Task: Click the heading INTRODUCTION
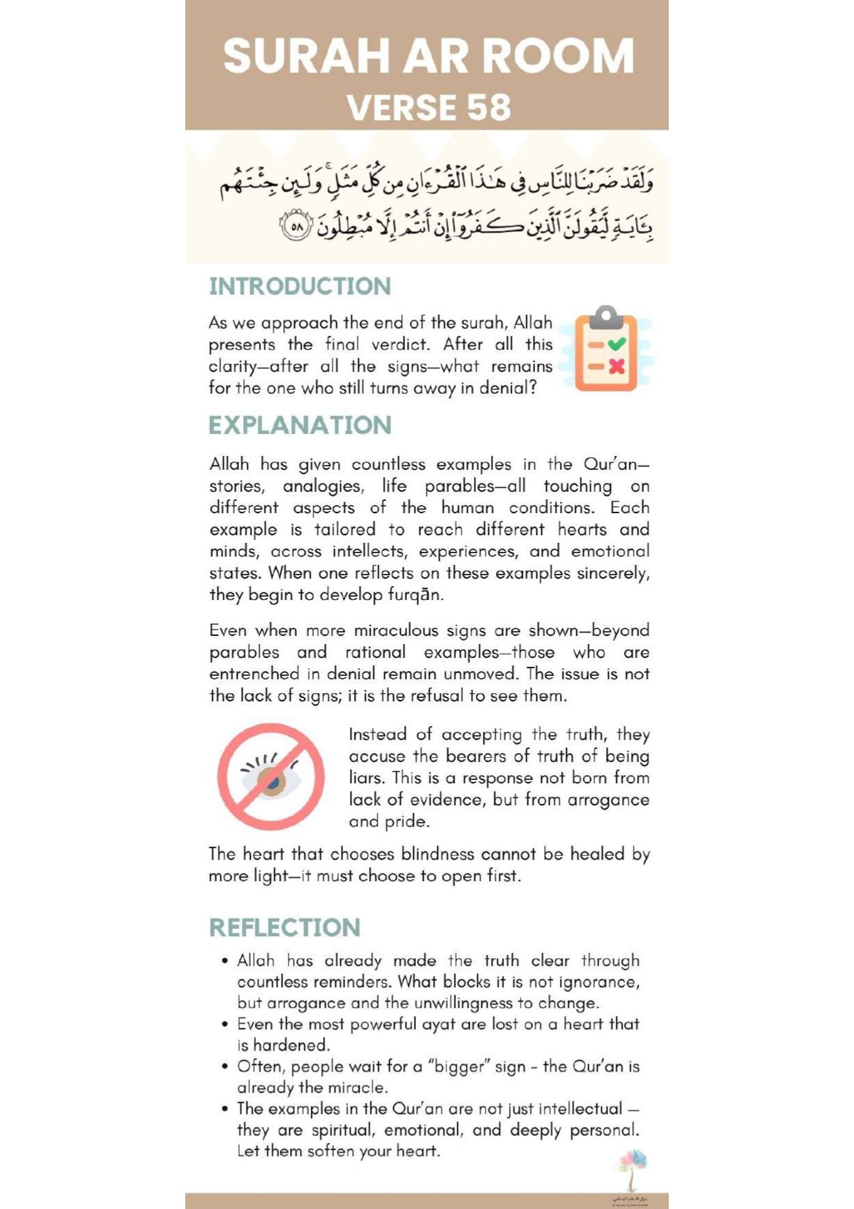(x=300, y=287)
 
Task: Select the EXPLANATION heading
(x=300, y=425)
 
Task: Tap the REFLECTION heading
(x=284, y=927)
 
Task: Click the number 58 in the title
(x=488, y=107)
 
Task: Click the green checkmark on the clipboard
(x=617, y=344)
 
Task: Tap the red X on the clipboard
(x=617, y=366)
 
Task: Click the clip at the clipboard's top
(x=606, y=316)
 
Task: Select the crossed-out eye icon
(x=271, y=776)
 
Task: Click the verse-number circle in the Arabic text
(x=296, y=226)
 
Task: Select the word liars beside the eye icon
(x=367, y=778)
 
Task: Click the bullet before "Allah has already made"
(x=225, y=961)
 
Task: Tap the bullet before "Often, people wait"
(x=225, y=1066)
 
